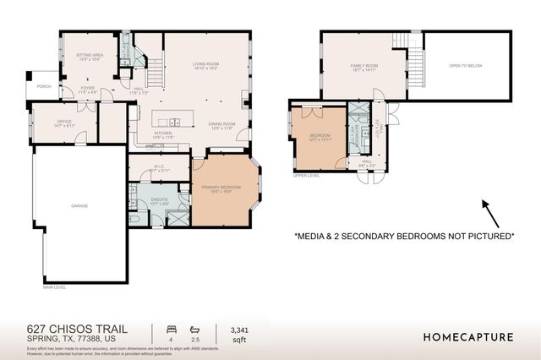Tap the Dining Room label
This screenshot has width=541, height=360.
(221, 125)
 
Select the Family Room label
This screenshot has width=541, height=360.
(364, 67)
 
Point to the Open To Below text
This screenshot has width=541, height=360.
(466, 65)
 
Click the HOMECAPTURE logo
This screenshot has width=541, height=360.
(467, 337)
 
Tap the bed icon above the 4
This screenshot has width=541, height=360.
(172, 330)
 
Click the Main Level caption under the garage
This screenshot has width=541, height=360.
(54, 286)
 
